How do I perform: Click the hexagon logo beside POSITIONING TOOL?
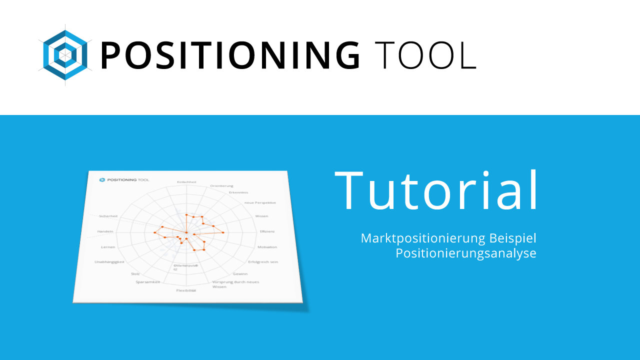pyautogui.click(x=65, y=55)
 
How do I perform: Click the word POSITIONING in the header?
pyautogui.click(x=230, y=55)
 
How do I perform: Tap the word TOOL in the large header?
pyautogui.click(x=425, y=55)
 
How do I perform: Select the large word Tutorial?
pyautogui.click(x=436, y=191)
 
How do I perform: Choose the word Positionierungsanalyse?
pyautogui.click(x=465, y=253)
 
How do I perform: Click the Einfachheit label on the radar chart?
pyautogui.click(x=186, y=182)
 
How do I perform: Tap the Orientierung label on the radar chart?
pyautogui.click(x=221, y=186)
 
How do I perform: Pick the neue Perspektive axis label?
pyautogui.click(x=260, y=202)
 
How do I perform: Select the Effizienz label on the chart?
pyautogui.click(x=267, y=231)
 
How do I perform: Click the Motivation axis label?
pyautogui.click(x=267, y=247)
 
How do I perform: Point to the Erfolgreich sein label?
pyautogui.click(x=263, y=262)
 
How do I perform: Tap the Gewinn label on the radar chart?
pyautogui.click(x=240, y=274)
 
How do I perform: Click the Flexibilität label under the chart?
pyautogui.click(x=186, y=290)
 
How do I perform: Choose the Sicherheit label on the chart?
pyautogui.click(x=108, y=216)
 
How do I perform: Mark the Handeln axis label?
pyautogui.click(x=105, y=231)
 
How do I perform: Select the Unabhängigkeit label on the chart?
pyautogui.click(x=109, y=262)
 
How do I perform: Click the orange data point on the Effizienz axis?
pyautogui.click(x=223, y=233)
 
